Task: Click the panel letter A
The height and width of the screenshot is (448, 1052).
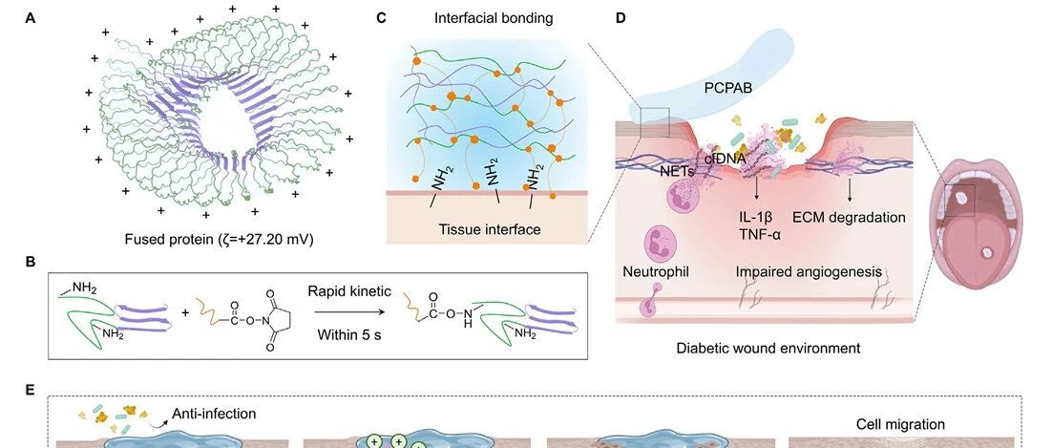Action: point(31,18)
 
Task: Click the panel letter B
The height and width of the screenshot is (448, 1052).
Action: point(31,262)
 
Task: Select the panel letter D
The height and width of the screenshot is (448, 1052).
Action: point(621,18)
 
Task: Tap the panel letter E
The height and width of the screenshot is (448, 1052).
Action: point(31,390)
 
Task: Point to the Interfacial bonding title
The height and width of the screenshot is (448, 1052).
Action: point(494,18)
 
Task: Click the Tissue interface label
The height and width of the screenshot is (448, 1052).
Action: point(490,229)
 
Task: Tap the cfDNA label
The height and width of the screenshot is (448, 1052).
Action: point(724,159)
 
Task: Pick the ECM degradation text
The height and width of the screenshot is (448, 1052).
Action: point(850,218)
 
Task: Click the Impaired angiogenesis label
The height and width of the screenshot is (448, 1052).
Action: point(810,272)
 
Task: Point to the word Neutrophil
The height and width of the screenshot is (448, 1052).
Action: point(656,272)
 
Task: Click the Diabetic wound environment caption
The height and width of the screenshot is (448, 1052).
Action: point(768,348)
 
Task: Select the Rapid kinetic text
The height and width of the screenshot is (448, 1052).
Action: point(349,291)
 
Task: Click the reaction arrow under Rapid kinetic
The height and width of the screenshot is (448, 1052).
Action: point(350,311)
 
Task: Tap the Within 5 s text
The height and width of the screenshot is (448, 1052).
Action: point(349,333)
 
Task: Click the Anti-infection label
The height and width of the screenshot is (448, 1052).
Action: point(214,414)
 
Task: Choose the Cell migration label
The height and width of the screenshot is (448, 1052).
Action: point(900,424)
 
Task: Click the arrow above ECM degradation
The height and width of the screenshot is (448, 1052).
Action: point(850,191)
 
